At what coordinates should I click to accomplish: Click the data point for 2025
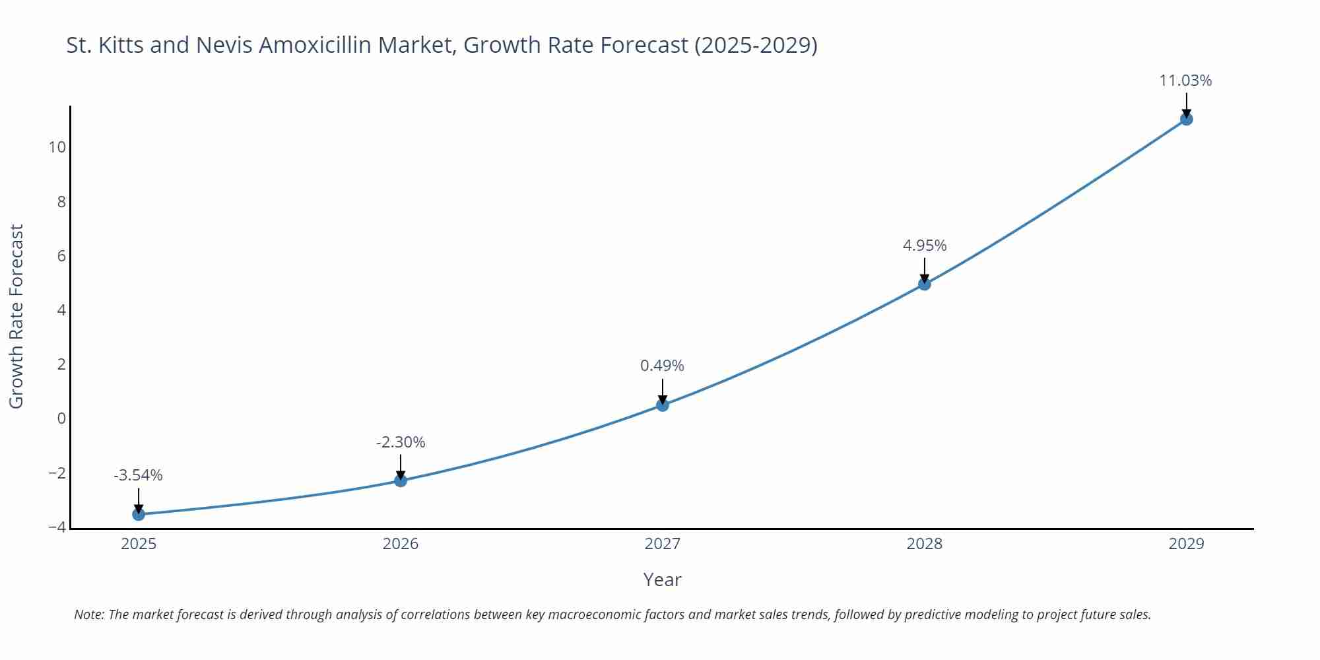pos(139,514)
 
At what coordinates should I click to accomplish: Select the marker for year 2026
pos(401,480)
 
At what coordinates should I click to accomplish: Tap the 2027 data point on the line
pos(663,405)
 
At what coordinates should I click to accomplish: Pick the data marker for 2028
pos(925,284)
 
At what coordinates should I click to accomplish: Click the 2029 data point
pos(1186,119)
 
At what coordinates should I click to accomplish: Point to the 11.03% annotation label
pos(1185,81)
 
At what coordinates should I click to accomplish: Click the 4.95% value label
pos(924,246)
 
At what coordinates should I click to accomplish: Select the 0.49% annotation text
pos(662,366)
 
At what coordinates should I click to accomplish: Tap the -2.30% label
pos(401,442)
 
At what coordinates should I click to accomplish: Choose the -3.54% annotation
pos(138,475)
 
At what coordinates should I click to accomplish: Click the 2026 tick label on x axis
pos(401,544)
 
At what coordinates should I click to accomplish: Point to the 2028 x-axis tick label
pos(924,544)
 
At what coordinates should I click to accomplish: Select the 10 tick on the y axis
pos(57,147)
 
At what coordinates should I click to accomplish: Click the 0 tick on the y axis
pos(61,418)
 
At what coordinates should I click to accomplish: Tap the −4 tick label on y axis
pos(57,527)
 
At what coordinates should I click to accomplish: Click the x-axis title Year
pos(662,579)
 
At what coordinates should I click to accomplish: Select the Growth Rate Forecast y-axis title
pos(16,316)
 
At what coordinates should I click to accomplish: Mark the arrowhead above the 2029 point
pos(1186,114)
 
